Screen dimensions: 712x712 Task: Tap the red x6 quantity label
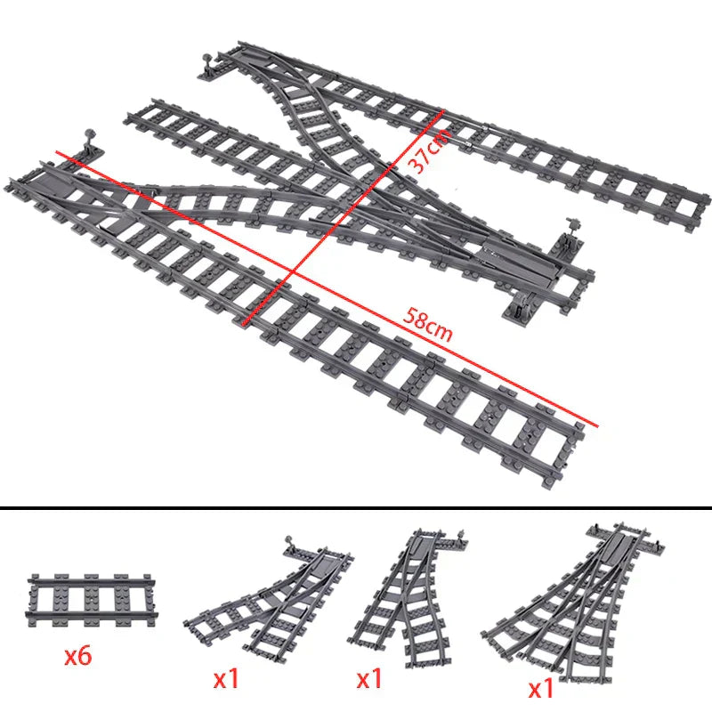coord(80,658)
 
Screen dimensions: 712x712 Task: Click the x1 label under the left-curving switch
coord(227,679)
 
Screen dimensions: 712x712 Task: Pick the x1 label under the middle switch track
coord(369,679)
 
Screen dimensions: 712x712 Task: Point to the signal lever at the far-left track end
coord(89,140)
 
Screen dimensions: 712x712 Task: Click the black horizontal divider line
coord(356,510)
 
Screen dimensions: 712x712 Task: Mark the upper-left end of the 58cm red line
coord(58,152)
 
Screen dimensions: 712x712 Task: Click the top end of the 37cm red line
coord(441,110)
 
